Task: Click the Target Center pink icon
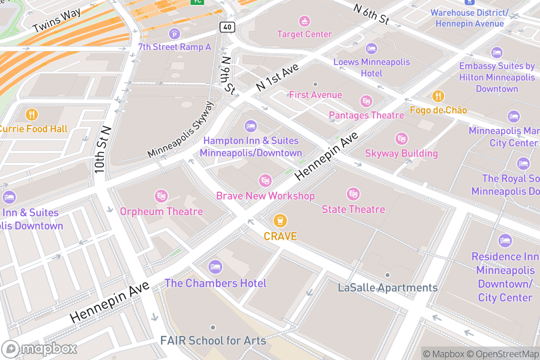(305, 21)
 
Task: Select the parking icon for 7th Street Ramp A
(174, 33)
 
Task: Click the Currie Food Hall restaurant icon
(31, 114)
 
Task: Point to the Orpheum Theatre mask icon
(161, 196)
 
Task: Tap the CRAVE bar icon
(280, 221)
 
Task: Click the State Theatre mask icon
(353, 194)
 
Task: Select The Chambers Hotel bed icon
(216, 267)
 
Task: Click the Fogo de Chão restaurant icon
(438, 96)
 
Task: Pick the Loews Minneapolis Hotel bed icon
(371, 48)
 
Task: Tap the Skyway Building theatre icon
(401, 139)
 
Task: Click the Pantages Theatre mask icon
(367, 101)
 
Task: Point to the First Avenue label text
(315, 95)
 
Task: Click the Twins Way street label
(57, 21)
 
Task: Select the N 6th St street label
(371, 14)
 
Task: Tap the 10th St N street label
(103, 150)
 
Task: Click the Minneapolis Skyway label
(181, 130)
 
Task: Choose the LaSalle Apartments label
(387, 288)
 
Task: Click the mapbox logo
(40, 349)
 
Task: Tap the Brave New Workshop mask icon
(265, 181)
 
